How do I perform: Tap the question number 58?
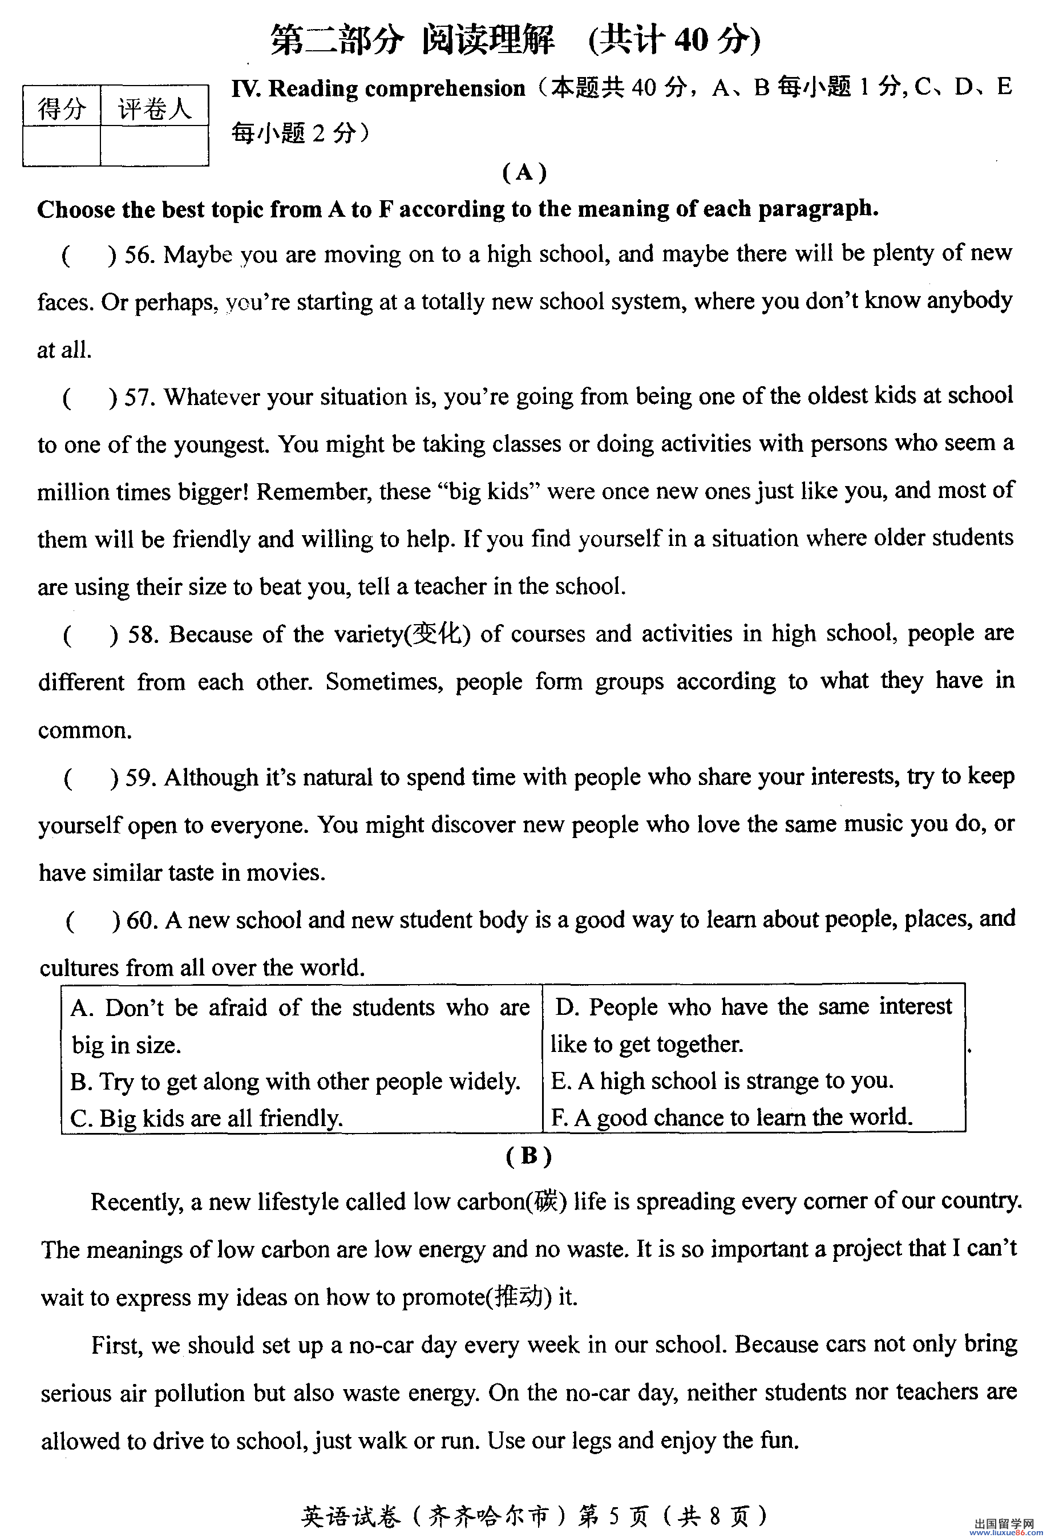(142, 636)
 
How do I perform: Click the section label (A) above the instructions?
(524, 173)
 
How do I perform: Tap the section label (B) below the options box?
(528, 1156)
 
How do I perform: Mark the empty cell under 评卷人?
(154, 145)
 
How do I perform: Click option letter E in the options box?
(559, 1080)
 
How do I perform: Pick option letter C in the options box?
(79, 1119)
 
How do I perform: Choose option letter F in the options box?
(558, 1118)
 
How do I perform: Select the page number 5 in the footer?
(614, 1514)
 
